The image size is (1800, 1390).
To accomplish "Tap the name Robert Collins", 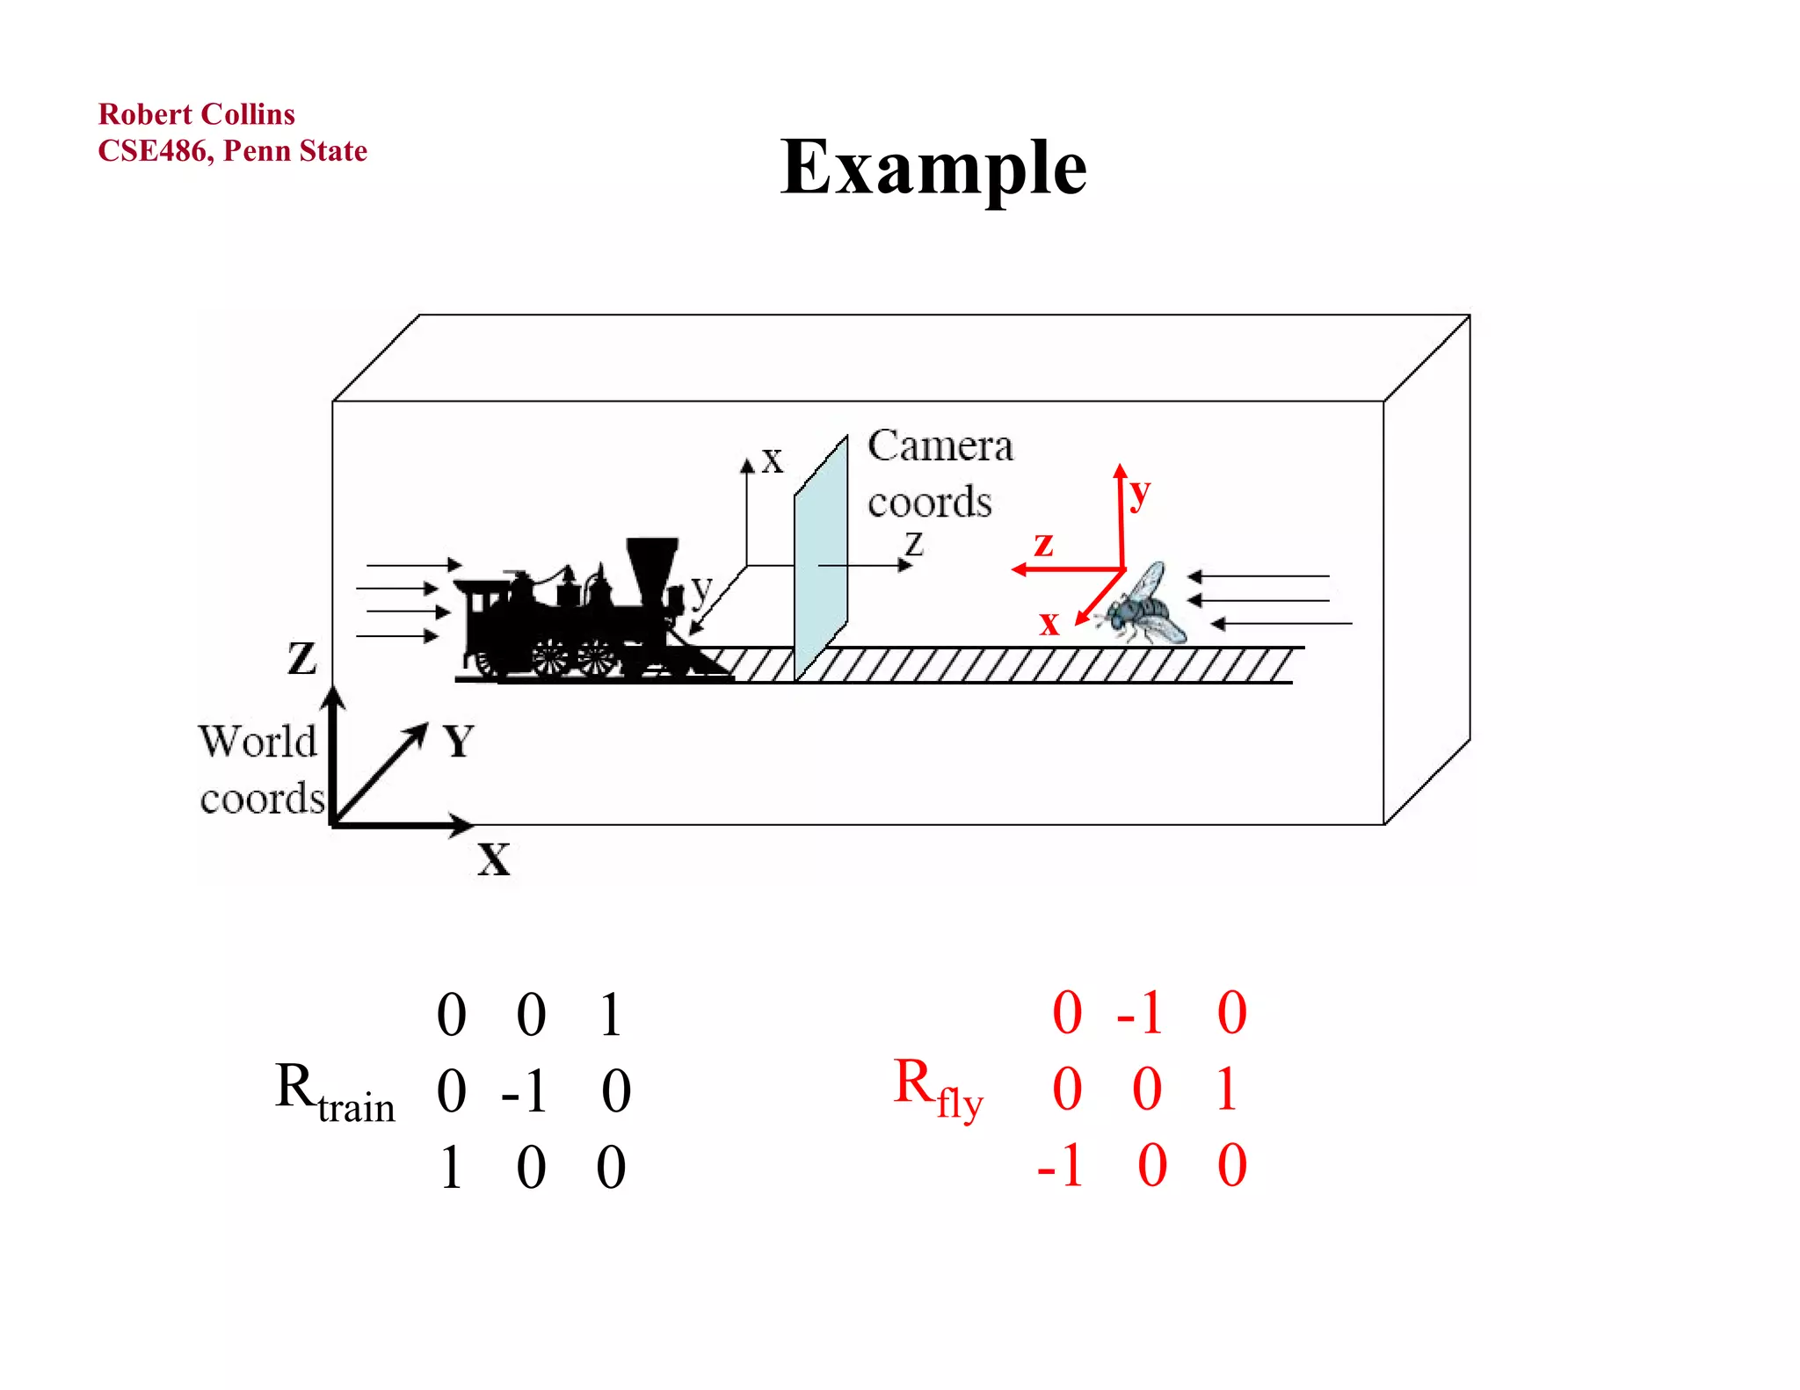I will coord(196,114).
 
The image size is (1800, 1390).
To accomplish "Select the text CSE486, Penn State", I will coord(232,151).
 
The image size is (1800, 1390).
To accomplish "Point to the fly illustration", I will coord(1143,606).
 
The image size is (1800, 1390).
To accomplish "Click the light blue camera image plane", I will coord(821,562).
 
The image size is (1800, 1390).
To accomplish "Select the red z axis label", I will coord(1043,544).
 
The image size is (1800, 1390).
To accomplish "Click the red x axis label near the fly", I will coord(1049,623).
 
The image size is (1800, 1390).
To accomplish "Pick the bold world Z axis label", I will coord(301,658).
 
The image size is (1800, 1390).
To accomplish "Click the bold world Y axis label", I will coord(458,742).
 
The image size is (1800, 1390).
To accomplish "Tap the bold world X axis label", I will coord(493,858).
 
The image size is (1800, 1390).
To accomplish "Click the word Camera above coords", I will coord(940,445).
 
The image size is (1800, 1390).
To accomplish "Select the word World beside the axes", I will coord(257,742).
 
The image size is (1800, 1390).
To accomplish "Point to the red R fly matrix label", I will coord(938,1088).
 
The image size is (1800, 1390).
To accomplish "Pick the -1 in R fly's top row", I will coord(1139,1013).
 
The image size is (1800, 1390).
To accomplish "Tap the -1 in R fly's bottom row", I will coord(1059,1167).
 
